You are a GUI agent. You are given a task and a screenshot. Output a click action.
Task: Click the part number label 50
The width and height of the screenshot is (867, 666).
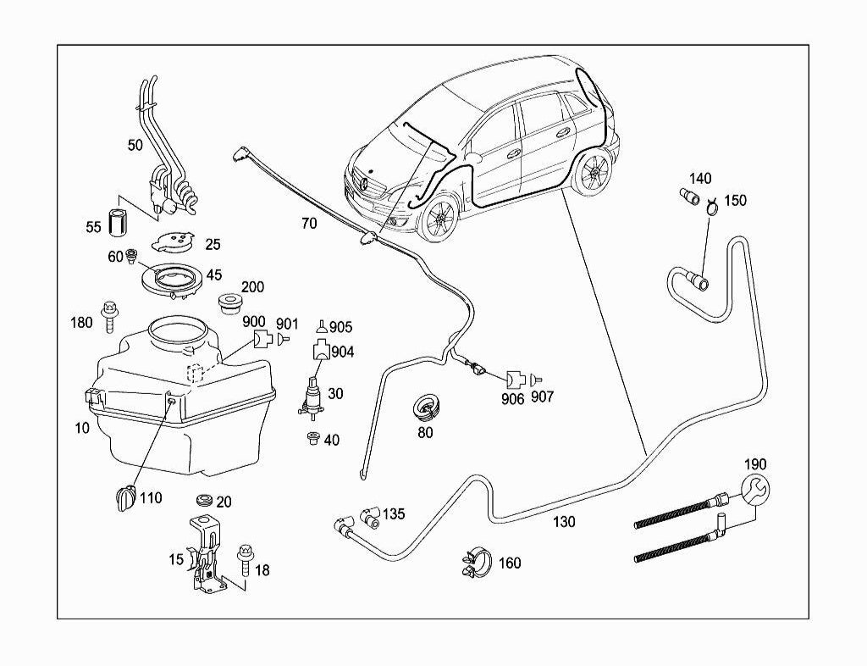point(135,145)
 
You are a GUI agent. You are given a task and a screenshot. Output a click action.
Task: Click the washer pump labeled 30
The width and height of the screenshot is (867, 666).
point(312,398)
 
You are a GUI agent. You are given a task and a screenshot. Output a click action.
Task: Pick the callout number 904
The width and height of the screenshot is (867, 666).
point(343,352)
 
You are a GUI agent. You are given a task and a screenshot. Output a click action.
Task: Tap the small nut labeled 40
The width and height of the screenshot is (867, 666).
point(312,438)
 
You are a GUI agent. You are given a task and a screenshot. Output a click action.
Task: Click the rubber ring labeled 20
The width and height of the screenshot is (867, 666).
point(204,501)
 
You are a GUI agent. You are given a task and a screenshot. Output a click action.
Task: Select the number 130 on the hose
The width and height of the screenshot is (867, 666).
point(563,523)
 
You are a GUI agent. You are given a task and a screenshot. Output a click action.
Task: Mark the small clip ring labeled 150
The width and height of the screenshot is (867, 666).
point(712,203)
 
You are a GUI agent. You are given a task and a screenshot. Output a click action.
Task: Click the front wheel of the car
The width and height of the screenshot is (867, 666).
point(440,221)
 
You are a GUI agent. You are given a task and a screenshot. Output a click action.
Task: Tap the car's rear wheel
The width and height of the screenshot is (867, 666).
point(594,174)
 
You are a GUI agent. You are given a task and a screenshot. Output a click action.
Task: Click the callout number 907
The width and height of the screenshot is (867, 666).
point(542,397)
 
